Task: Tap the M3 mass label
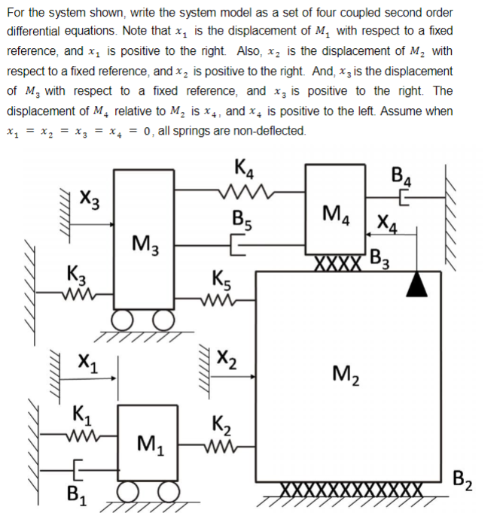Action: click(x=144, y=242)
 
